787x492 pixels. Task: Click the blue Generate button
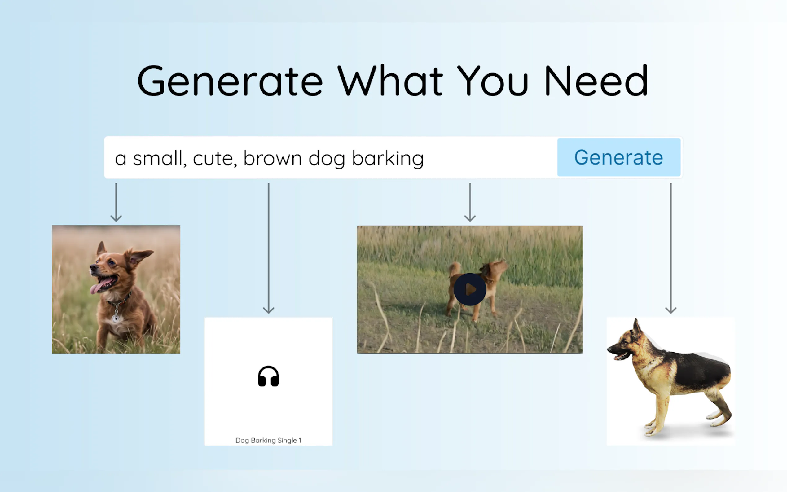618,157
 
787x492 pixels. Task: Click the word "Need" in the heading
596,80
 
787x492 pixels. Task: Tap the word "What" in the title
390,80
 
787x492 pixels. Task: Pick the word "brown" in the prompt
273,158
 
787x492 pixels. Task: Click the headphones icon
268,376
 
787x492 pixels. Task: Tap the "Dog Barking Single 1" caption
268,440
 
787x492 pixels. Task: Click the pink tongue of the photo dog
97,287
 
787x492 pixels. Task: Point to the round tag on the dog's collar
116,318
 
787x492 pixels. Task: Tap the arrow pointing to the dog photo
116,202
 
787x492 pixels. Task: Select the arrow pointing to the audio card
268,248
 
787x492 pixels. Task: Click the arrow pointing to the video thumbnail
470,202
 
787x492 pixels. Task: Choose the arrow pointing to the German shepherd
671,248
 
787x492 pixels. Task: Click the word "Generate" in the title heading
230,80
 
